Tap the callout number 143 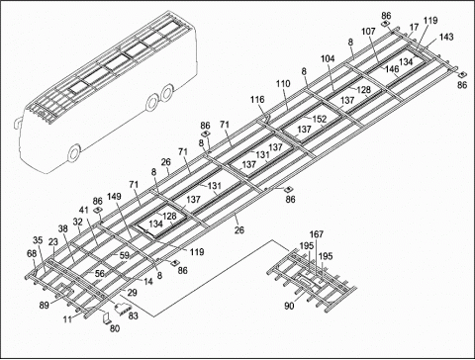[446, 37]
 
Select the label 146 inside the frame [393, 70]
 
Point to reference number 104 [328, 59]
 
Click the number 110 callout [283, 84]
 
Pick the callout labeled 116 [256, 101]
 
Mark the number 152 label [320, 119]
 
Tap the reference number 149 [115, 196]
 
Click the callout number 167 [317, 234]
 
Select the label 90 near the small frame [289, 307]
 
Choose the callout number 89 [44, 308]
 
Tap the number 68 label [31, 254]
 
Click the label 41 [84, 211]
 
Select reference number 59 [124, 256]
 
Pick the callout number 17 [414, 29]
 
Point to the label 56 [99, 274]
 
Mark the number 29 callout [132, 294]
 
